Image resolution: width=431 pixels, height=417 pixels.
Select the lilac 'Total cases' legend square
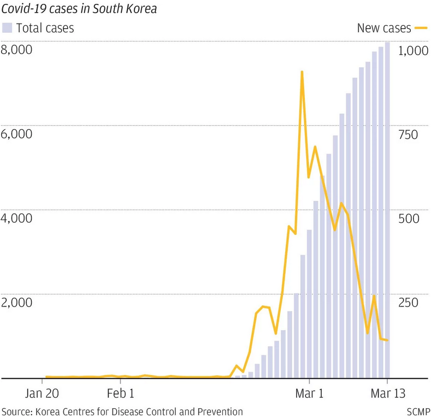[x=7, y=27]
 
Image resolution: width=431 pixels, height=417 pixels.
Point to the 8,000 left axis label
[x=17, y=50]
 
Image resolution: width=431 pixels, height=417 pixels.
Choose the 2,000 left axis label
[x=17, y=303]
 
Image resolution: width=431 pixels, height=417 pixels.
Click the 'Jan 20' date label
[x=43, y=393]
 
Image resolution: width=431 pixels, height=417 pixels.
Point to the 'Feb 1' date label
[x=120, y=393]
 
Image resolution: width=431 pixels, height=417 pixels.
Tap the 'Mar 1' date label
[x=309, y=393]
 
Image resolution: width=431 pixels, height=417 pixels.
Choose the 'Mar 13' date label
[x=388, y=393]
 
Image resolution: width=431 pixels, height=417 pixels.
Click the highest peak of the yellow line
[x=302, y=72]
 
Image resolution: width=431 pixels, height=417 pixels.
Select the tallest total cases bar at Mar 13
[x=387, y=208]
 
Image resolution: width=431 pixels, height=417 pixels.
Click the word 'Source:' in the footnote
[x=16, y=411]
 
